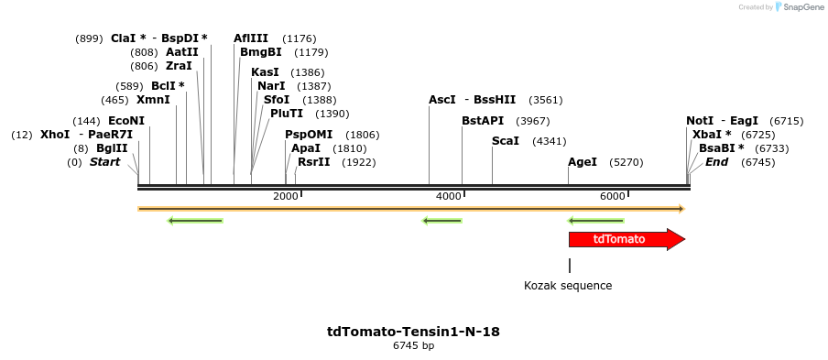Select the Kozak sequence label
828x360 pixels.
(x=568, y=286)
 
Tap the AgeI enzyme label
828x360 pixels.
(x=583, y=162)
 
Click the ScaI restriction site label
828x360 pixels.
(x=506, y=141)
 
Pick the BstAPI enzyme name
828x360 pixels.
(x=483, y=121)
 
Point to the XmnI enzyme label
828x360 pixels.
(x=153, y=100)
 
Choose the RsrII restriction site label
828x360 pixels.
(x=314, y=162)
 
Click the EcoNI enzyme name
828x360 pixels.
(x=126, y=121)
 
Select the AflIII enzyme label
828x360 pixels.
(x=251, y=38)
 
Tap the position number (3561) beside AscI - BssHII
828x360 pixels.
(x=546, y=100)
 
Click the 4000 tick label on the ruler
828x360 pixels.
(x=448, y=197)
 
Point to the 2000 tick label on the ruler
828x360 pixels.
(x=286, y=197)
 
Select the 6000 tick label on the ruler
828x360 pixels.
(x=612, y=197)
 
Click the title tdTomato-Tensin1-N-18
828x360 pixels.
(x=413, y=332)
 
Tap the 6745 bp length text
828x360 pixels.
(x=413, y=346)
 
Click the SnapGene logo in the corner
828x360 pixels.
(x=797, y=7)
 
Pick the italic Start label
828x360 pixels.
(x=104, y=162)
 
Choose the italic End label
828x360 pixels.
(x=716, y=162)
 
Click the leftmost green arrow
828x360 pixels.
(x=195, y=220)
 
